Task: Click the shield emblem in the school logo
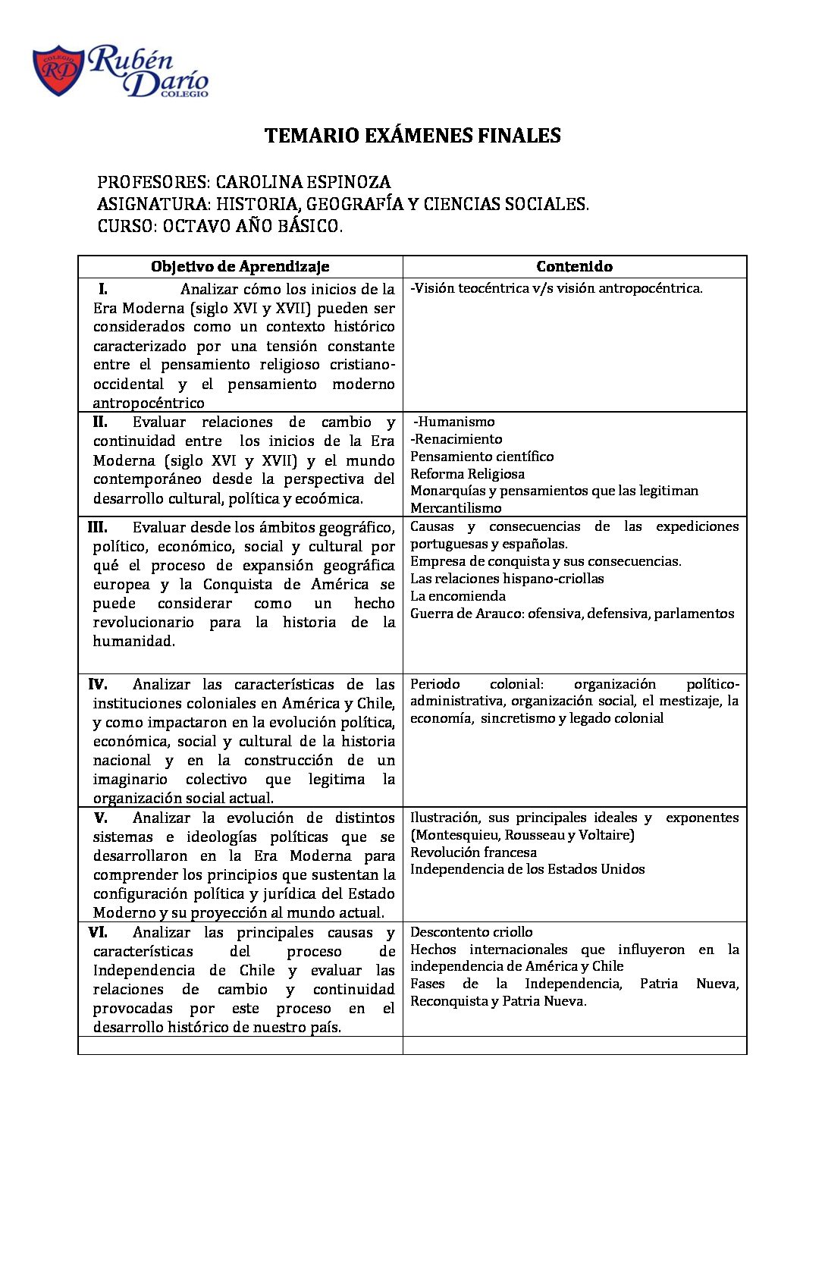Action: tap(58, 71)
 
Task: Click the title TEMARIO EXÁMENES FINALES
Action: tap(412, 136)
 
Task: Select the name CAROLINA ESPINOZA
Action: tap(303, 182)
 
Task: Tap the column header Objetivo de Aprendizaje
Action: tap(240, 266)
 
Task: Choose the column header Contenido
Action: tap(574, 266)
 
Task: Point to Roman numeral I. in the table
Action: tap(103, 289)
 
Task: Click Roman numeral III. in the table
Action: tap(97, 527)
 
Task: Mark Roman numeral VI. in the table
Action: tap(98, 932)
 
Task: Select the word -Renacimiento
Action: tap(456, 439)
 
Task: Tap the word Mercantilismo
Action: tap(456, 508)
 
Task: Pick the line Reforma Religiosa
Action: tap(467, 474)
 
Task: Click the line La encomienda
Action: tap(458, 596)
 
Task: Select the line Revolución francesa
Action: tap(473, 852)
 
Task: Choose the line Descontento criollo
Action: tap(471, 932)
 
